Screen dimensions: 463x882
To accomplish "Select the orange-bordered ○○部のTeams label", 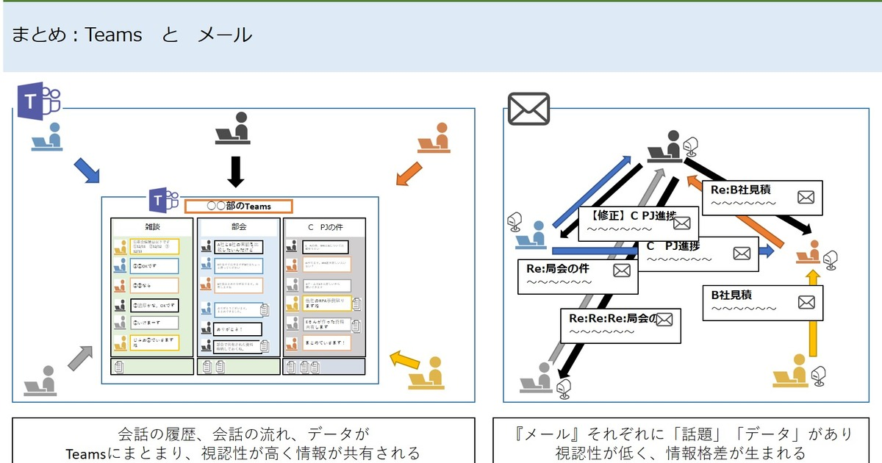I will pyautogui.click(x=238, y=207).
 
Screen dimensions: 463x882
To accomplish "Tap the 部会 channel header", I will pyautogui.click(x=238, y=228).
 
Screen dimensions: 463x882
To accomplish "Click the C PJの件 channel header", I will pyautogui.click(x=323, y=228).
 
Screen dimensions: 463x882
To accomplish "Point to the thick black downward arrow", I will pyautogui.click(x=235, y=171).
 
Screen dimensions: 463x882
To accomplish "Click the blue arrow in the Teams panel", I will pyautogui.click(x=87, y=170).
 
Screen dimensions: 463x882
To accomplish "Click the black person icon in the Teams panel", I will pyautogui.click(x=234, y=129).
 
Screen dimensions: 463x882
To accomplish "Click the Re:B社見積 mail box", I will pyautogui.click(x=765, y=196).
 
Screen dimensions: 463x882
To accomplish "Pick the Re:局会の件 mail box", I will pyautogui.click(x=578, y=275).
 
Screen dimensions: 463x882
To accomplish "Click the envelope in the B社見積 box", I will pyautogui.click(x=806, y=301).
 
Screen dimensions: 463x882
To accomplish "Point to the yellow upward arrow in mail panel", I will pyautogui.click(x=812, y=312).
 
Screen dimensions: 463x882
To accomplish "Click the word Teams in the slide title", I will pyautogui.click(x=114, y=35).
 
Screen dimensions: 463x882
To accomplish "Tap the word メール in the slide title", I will pyautogui.click(x=225, y=35).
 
